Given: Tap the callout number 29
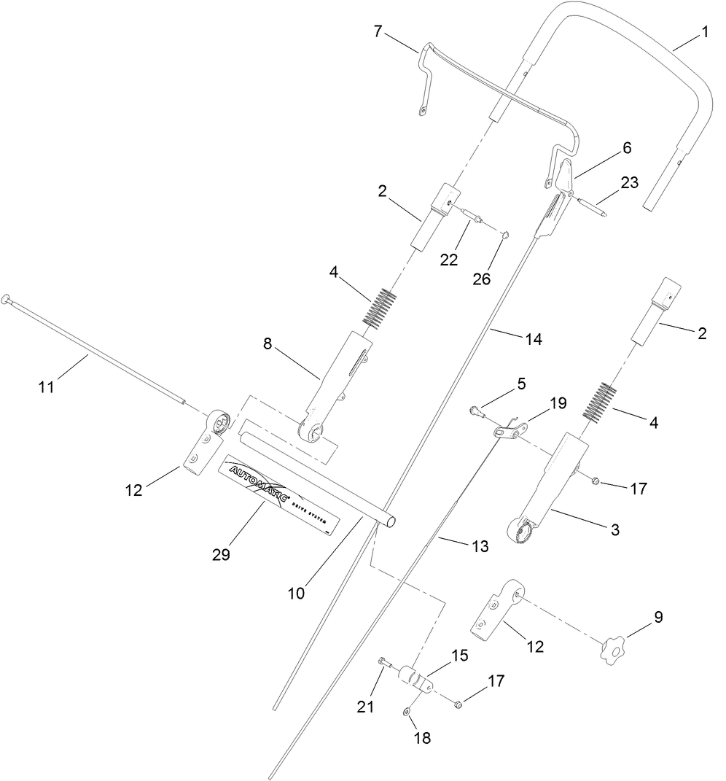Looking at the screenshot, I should tap(221, 554).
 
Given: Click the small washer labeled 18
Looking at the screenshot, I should tap(406, 711).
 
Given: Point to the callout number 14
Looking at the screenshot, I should tap(534, 339).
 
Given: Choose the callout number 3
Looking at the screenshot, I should tap(614, 530).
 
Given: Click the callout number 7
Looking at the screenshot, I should tap(377, 31).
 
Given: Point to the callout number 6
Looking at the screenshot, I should tap(626, 148).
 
